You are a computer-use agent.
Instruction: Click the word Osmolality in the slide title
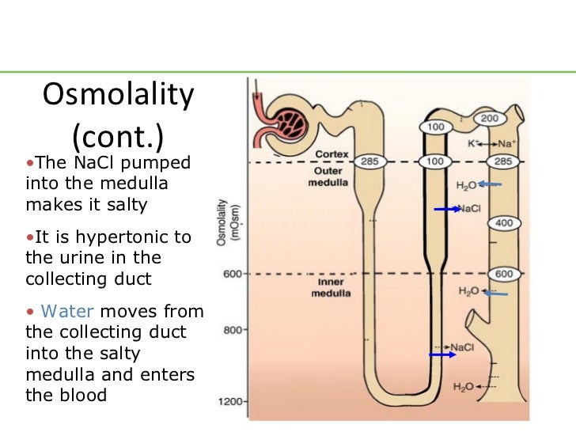[117, 97]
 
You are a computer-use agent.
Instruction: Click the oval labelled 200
[489, 119]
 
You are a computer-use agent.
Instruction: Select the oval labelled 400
[504, 224]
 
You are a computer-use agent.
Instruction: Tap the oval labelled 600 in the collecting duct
[504, 274]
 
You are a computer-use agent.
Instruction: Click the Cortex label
[332, 153]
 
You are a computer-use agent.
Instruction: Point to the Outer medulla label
[326, 176]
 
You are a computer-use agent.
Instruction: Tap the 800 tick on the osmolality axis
[230, 330]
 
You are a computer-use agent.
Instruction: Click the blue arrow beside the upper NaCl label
[447, 209]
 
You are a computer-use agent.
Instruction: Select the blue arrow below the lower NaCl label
[443, 355]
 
